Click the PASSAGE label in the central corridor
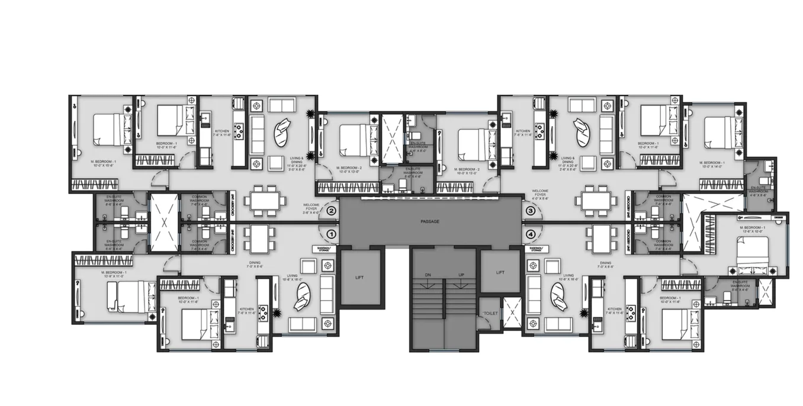pyautogui.click(x=430, y=221)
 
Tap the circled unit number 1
pyautogui.click(x=331, y=234)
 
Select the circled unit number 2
pyautogui.click(x=331, y=211)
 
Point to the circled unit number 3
pyautogui.click(x=531, y=211)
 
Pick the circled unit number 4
pyautogui.click(x=531, y=234)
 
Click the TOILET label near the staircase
pyautogui.click(x=490, y=313)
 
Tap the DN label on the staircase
pyautogui.click(x=428, y=275)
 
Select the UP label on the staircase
pyautogui.click(x=460, y=275)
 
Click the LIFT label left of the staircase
pyautogui.click(x=359, y=276)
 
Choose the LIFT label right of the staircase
pyautogui.click(x=500, y=272)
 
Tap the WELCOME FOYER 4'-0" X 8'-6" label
pyautogui.click(x=540, y=195)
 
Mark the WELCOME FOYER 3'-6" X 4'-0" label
pyautogui.click(x=311, y=208)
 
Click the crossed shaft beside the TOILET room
pyautogui.click(x=510, y=311)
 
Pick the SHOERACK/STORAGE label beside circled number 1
pyautogui.click(x=325, y=250)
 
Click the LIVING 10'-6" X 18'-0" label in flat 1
pyautogui.click(x=293, y=278)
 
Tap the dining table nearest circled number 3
pyautogui.click(x=594, y=199)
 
